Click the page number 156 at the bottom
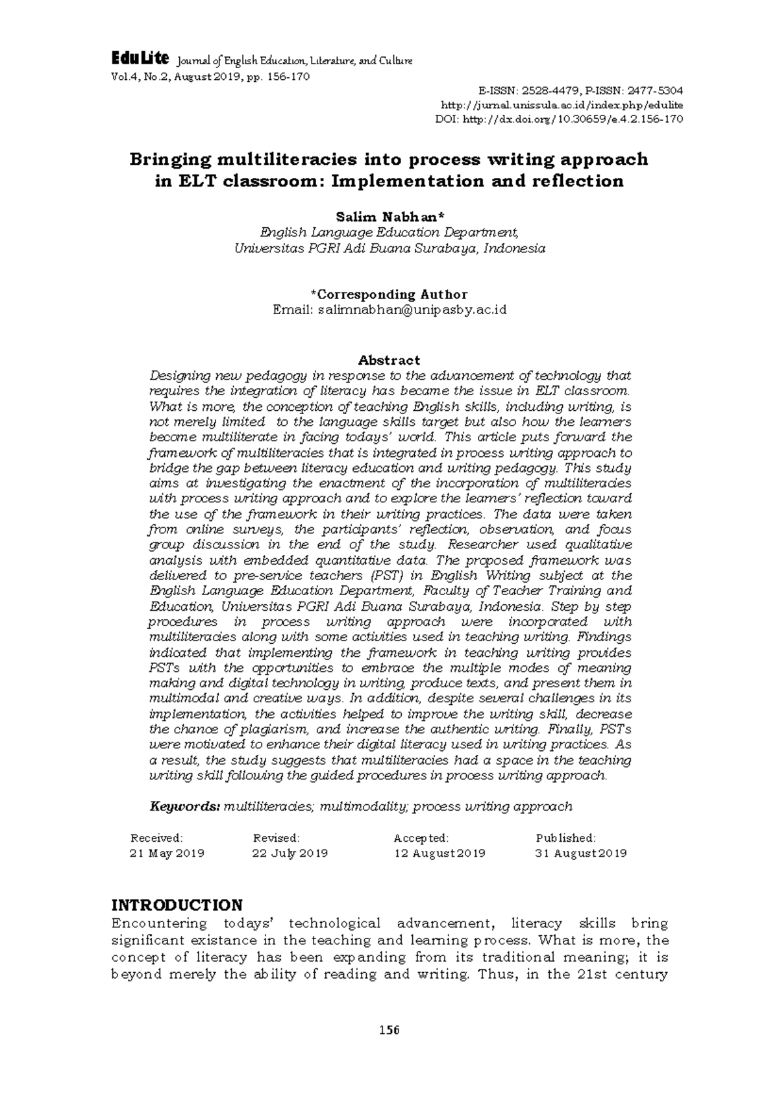(x=389, y=1030)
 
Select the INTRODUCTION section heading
(x=177, y=905)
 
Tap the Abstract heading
(x=389, y=360)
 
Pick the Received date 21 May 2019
(x=167, y=853)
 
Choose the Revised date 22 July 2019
(x=290, y=853)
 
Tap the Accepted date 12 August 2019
(x=439, y=853)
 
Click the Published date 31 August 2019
(x=580, y=853)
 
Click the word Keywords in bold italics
(x=185, y=807)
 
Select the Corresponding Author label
(x=389, y=294)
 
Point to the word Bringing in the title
(x=171, y=160)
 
